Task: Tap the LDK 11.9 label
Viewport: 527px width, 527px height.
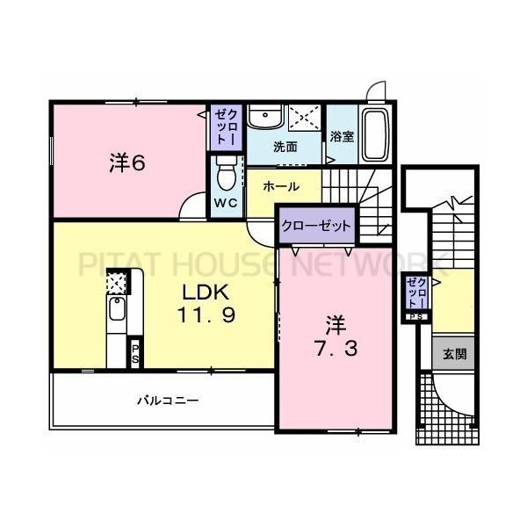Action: coord(207,303)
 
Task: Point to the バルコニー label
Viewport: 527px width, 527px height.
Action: coord(167,401)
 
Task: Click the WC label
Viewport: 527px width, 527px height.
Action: coord(227,203)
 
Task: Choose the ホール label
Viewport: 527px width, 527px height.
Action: coord(281,186)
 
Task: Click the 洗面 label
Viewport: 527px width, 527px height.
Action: coord(283,147)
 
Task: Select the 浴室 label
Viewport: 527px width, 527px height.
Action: coord(343,137)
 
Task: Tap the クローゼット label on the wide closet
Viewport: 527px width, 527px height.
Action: coord(316,225)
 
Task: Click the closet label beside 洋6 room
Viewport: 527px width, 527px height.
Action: coord(220,126)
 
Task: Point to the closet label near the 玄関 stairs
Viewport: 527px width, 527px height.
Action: coord(418,292)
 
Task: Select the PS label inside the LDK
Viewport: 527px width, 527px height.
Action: coord(134,353)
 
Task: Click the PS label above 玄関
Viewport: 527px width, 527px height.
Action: coord(417,316)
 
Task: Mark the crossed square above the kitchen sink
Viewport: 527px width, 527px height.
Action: coord(116,282)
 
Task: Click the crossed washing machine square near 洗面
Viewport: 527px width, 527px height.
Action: coord(303,119)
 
